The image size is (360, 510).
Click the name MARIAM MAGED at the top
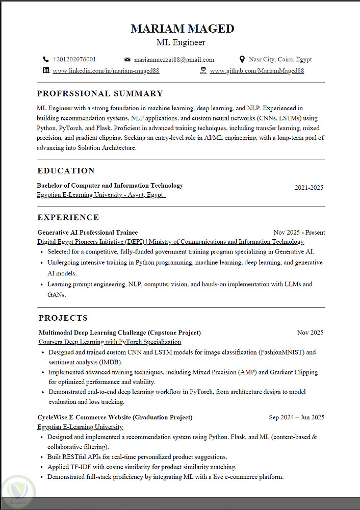click(182, 29)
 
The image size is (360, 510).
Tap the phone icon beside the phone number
click(46, 59)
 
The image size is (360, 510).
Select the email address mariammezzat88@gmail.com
click(174, 60)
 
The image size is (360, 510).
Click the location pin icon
click(242, 59)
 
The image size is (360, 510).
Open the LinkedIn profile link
click(106, 71)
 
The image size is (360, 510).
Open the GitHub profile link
click(256, 71)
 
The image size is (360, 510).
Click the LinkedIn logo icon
click(46, 70)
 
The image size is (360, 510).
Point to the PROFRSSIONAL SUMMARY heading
click(100, 93)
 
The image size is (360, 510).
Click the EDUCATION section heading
click(66, 170)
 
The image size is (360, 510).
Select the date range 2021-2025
click(308, 188)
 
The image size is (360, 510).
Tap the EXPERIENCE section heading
click(68, 217)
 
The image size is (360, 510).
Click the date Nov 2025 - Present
click(299, 233)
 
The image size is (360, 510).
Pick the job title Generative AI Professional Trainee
click(88, 233)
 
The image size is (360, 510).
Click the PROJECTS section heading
click(63, 318)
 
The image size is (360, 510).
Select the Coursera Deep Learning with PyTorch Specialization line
click(110, 342)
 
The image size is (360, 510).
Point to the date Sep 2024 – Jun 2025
click(297, 417)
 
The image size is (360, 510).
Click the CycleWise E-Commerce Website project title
click(115, 417)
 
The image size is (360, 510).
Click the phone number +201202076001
click(73, 59)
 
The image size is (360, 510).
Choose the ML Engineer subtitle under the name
click(181, 42)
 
